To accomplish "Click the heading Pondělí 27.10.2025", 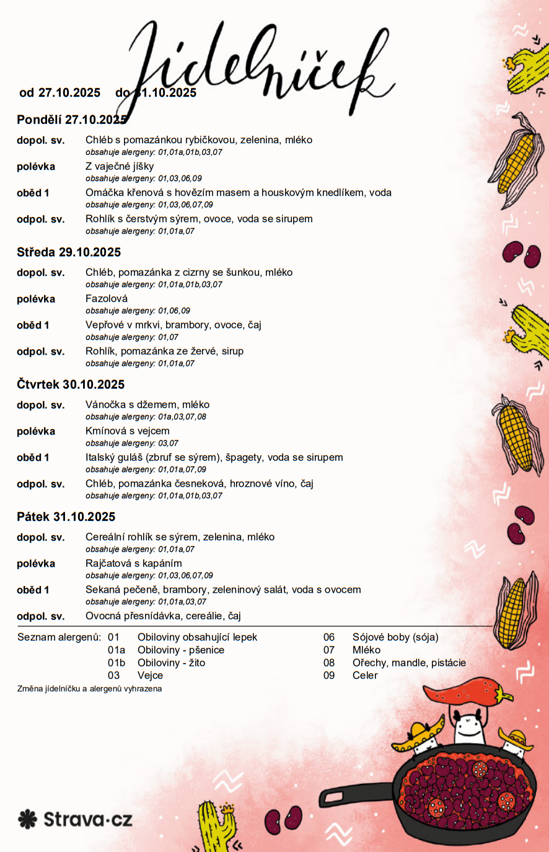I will (71, 120).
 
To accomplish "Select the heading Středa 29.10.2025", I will (69, 252).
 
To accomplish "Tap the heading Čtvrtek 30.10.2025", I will (71, 384).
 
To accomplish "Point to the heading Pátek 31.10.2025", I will (66, 517).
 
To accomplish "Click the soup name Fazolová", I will (107, 299).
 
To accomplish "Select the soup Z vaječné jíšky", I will (120, 166).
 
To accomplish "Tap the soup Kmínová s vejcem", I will (128, 431).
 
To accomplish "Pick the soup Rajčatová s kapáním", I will (134, 564).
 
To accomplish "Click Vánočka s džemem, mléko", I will (147, 405).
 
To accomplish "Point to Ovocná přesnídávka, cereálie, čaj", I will (163, 616).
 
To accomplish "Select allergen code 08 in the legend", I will (329, 663).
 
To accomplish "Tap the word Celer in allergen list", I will (365, 676).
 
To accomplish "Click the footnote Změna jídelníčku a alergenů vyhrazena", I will (90, 689).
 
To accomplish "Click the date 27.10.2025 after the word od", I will (69, 93).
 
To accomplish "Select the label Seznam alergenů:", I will (59, 637).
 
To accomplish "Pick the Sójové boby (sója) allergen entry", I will (395, 637).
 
